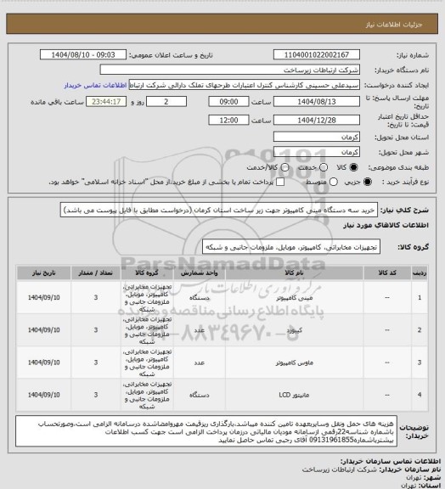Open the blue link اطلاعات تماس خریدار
tap(93, 86)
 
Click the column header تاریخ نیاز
tap(42, 274)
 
